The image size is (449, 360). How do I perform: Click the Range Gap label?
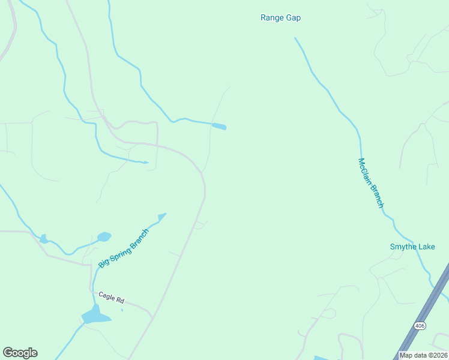coord(280,18)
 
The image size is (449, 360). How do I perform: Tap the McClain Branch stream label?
coord(370,183)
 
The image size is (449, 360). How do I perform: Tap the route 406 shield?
coord(420,325)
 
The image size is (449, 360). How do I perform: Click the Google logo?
coord(20,353)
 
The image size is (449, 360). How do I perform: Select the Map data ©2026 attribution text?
coord(423,355)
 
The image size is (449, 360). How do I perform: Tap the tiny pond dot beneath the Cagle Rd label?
coord(122,310)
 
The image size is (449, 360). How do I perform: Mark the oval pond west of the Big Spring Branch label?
coord(104,237)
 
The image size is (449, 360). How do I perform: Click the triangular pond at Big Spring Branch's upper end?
coord(161,216)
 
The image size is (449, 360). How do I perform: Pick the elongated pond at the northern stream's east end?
coord(219,127)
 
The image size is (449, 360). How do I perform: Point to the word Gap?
coord(293,18)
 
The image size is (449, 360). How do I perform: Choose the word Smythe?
coord(404,247)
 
